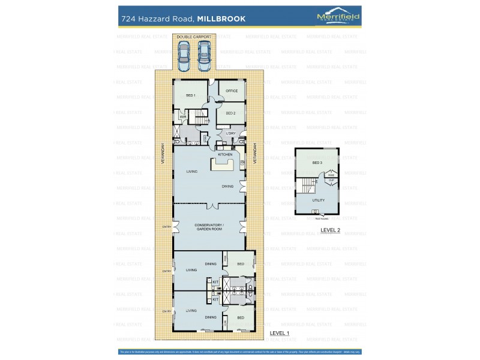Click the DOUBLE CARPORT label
(193, 37)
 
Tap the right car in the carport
(204, 55)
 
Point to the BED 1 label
(191, 95)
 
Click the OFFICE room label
(232, 91)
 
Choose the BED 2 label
(230, 113)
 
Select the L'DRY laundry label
(230, 133)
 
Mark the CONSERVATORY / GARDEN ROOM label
(209, 227)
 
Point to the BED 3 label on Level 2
(317, 163)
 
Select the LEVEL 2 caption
(330, 230)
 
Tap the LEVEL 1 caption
(280, 332)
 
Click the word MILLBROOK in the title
(223, 19)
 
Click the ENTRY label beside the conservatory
(166, 226)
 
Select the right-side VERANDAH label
(255, 154)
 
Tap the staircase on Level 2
(307, 185)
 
